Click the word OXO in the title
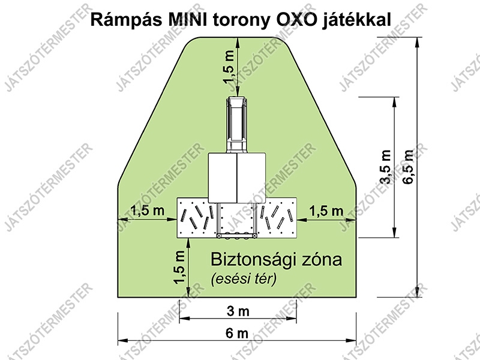pos(296,20)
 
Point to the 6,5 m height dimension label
pos(409,167)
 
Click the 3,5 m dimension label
pos(385,167)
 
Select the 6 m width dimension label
pos(237,333)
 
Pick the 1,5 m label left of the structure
pos(148,211)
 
